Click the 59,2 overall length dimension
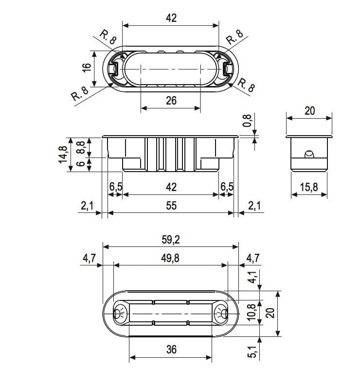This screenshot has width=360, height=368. tap(171, 239)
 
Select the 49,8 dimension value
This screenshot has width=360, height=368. tap(171, 258)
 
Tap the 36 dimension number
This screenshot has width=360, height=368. tap(171, 349)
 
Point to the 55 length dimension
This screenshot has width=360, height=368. tap(171, 206)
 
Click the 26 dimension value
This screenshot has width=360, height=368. tap(171, 101)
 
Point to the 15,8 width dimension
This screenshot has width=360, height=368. tap(312, 187)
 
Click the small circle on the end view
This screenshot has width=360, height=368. tap(308, 155)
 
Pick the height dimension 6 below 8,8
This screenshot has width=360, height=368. tap(81, 164)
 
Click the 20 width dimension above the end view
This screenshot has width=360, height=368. tap(309, 111)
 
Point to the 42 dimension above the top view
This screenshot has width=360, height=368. tap(171, 18)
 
